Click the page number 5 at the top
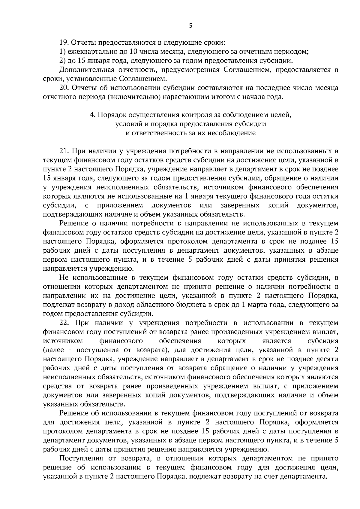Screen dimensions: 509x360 [x=190, y=26]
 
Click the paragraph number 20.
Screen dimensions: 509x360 [x=64, y=88]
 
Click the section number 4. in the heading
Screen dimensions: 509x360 [x=92, y=115]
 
